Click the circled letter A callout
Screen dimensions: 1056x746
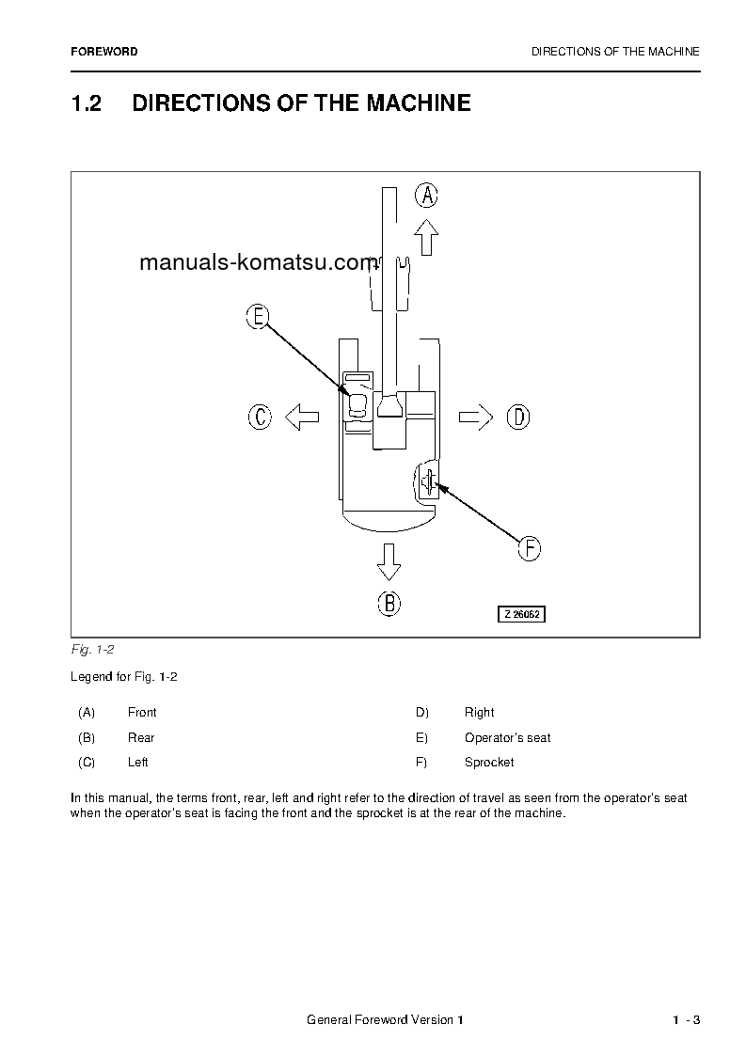click(427, 196)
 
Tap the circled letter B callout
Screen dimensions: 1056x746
click(389, 603)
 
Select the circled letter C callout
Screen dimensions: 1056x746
click(260, 417)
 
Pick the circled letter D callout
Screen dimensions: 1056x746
click(518, 417)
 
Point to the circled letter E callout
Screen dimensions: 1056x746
click(257, 317)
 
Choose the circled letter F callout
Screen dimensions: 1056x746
click(530, 548)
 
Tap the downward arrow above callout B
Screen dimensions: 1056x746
click(389, 560)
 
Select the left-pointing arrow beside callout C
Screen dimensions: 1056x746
click(301, 417)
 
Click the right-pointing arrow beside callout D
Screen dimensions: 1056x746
click(476, 417)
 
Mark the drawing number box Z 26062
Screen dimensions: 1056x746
click(521, 614)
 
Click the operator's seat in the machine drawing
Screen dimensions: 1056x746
click(357, 405)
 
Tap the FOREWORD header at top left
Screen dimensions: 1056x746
click(103, 52)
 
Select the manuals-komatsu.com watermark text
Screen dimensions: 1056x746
click(257, 263)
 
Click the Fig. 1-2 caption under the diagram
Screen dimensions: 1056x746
click(92, 650)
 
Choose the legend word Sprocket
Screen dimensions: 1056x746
click(489, 763)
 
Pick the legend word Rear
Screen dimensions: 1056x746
click(141, 738)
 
